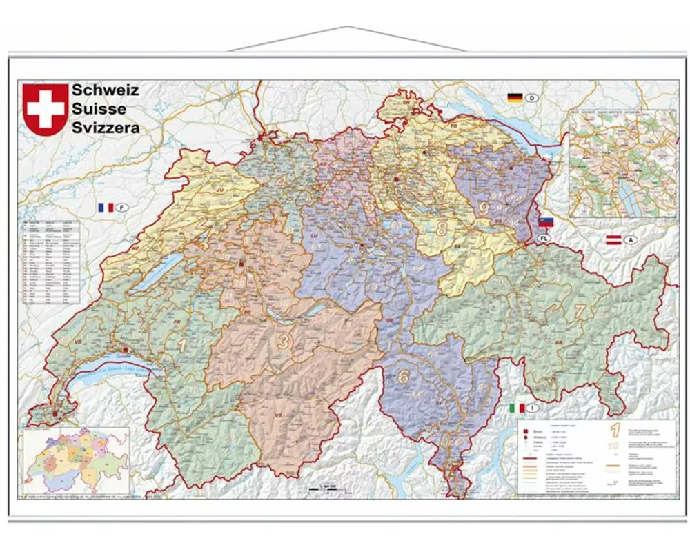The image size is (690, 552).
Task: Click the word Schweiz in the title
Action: coord(105,90)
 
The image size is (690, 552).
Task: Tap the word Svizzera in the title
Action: coord(106,127)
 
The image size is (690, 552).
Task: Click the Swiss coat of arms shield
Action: coord(46,109)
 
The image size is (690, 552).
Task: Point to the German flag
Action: coord(515,97)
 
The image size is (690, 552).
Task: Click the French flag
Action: coord(106,207)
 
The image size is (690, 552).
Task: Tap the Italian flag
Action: coord(516,408)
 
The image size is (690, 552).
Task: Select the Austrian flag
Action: coord(613,240)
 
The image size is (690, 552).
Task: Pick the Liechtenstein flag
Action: coord(546,222)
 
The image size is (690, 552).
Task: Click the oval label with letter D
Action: coord(532,97)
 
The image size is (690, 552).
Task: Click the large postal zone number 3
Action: coord(283,340)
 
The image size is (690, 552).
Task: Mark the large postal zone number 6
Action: coord(404,377)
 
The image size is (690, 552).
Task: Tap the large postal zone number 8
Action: coord(441,228)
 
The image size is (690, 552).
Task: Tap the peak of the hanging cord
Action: coord(347,27)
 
